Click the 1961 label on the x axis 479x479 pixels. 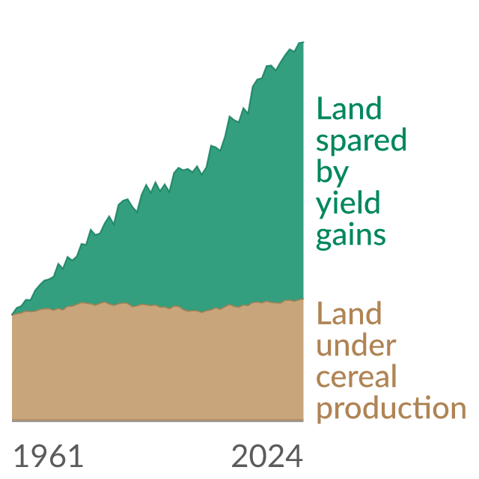49,457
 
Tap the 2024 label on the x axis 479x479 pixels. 267,457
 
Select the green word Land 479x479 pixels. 350,108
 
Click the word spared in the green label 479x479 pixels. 361,141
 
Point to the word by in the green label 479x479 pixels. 332,173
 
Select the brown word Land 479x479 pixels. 350,313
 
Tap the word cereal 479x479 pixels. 356,376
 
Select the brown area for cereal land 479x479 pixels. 158,364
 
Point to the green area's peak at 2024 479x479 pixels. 303,42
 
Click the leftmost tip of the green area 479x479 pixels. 12,314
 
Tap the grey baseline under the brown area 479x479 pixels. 158,421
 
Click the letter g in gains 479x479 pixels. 324,239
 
